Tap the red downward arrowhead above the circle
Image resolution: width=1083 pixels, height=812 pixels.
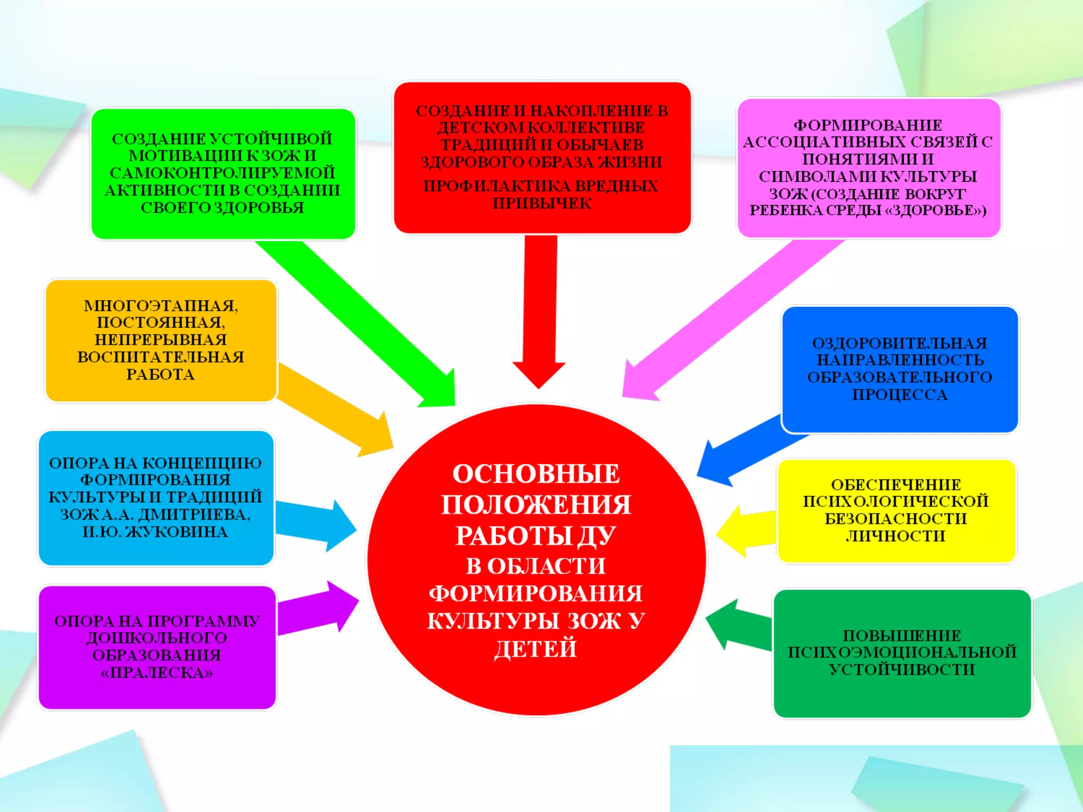(x=538, y=373)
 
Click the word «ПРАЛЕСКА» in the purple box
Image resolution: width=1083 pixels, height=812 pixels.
(x=157, y=673)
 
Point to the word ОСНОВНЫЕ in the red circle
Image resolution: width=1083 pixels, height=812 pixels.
(x=536, y=474)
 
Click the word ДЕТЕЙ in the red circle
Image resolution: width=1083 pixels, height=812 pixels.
(x=535, y=649)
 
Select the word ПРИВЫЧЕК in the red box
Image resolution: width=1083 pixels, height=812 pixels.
(x=542, y=204)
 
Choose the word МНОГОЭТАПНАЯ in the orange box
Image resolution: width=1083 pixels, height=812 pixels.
(x=161, y=306)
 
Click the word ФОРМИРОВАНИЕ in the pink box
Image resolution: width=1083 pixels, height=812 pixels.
(x=868, y=125)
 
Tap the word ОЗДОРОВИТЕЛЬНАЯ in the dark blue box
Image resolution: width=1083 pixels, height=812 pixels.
(x=900, y=343)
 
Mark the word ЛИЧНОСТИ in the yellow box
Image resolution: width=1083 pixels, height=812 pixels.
(x=895, y=536)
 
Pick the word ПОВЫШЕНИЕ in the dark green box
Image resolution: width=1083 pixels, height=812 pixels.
(x=902, y=635)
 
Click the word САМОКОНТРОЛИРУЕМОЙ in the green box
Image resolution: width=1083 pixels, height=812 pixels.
(x=222, y=173)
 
